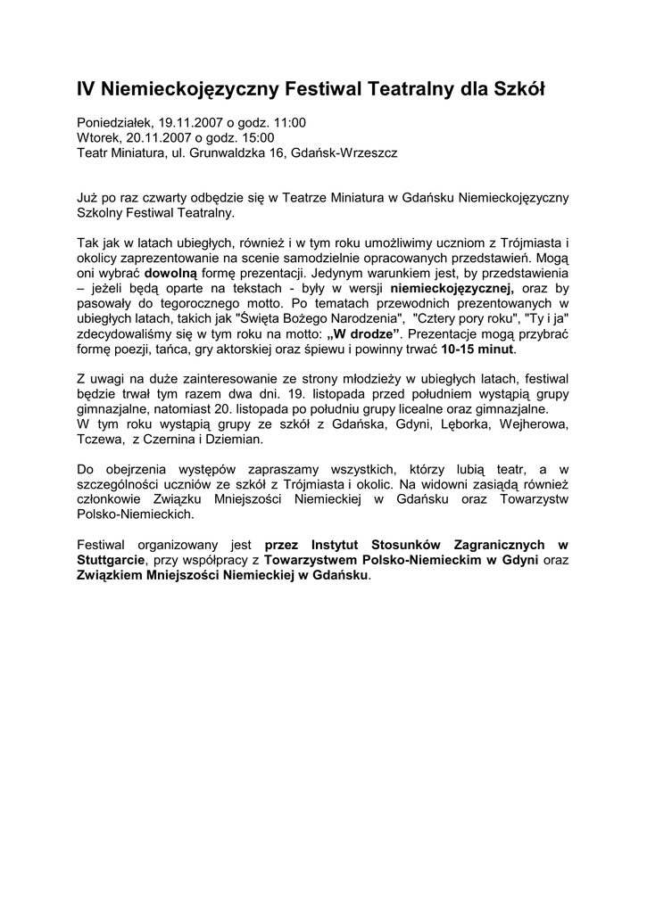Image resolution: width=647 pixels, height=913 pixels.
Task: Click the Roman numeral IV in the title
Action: pyautogui.click(x=87, y=89)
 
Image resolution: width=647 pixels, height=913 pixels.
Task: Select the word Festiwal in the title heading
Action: pyautogui.click(x=319, y=89)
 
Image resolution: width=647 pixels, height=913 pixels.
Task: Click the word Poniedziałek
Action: pyautogui.click(x=113, y=123)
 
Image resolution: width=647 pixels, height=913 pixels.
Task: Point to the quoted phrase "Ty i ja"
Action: pyautogui.click(x=548, y=318)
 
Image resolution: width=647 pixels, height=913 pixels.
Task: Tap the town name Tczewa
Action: pyautogui.click(x=99, y=440)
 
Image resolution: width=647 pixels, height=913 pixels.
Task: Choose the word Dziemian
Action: pyautogui.click(x=234, y=440)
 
